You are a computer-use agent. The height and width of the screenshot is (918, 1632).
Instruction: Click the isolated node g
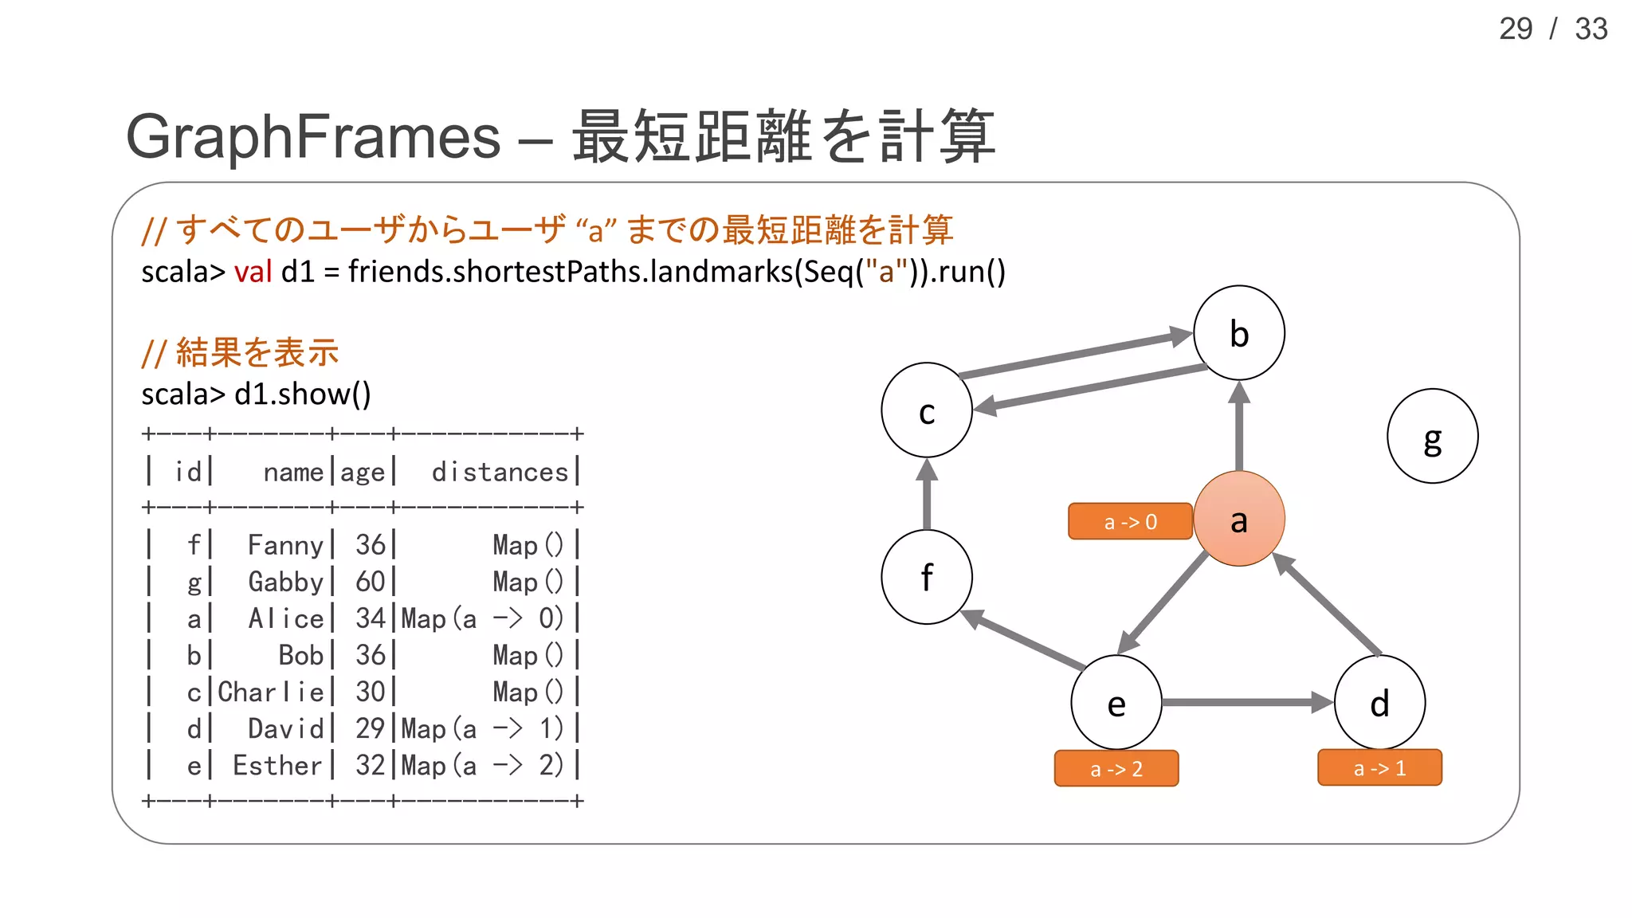coord(1432,436)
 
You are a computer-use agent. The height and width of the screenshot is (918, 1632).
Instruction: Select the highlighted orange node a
coord(1238,519)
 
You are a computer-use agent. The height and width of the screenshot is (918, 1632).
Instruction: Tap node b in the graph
coord(1238,333)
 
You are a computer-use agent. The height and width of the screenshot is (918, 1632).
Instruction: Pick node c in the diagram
coord(926,410)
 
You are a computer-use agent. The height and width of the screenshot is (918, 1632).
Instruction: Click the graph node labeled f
coord(926,577)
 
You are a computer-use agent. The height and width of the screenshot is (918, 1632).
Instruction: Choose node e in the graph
coord(1116,703)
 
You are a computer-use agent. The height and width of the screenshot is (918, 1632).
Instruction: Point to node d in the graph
coord(1379,703)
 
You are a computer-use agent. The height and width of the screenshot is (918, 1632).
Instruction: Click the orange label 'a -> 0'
coord(1130,522)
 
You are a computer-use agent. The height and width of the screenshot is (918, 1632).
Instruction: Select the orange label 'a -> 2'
coord(1116,769)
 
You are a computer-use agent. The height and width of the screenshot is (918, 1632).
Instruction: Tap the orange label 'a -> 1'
coord(1379,768)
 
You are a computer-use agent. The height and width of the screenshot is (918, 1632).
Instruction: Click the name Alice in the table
coord(286,618)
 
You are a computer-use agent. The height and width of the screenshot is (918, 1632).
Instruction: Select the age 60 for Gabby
coord(371,582)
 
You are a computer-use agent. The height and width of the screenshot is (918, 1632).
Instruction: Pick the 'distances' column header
coord(500,473)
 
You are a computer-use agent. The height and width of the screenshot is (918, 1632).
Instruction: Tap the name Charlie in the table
coord(271,692)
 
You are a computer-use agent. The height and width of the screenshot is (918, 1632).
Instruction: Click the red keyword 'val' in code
coord(253,272)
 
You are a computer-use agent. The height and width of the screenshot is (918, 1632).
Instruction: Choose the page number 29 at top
coord(1515,29)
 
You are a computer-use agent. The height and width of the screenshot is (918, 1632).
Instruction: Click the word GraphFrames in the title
coord(313,136)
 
